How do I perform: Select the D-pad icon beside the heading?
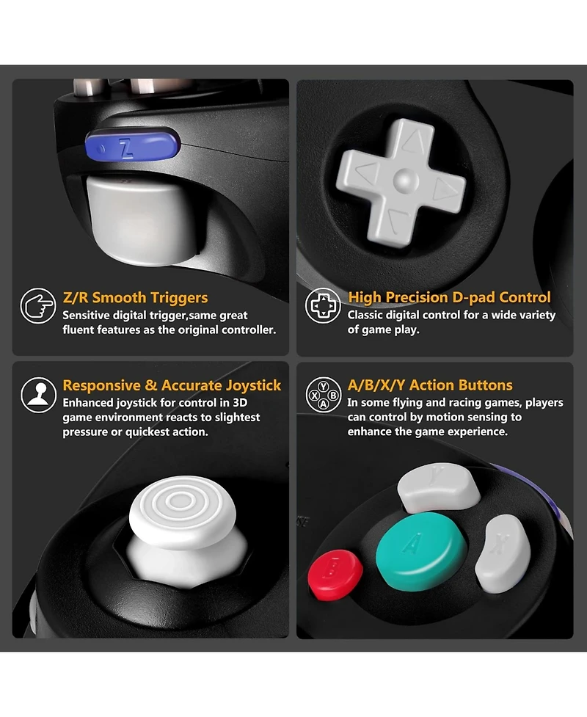click(323, 307)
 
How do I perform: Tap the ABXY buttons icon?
click(323, 394)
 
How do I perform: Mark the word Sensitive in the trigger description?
click(89, 316)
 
